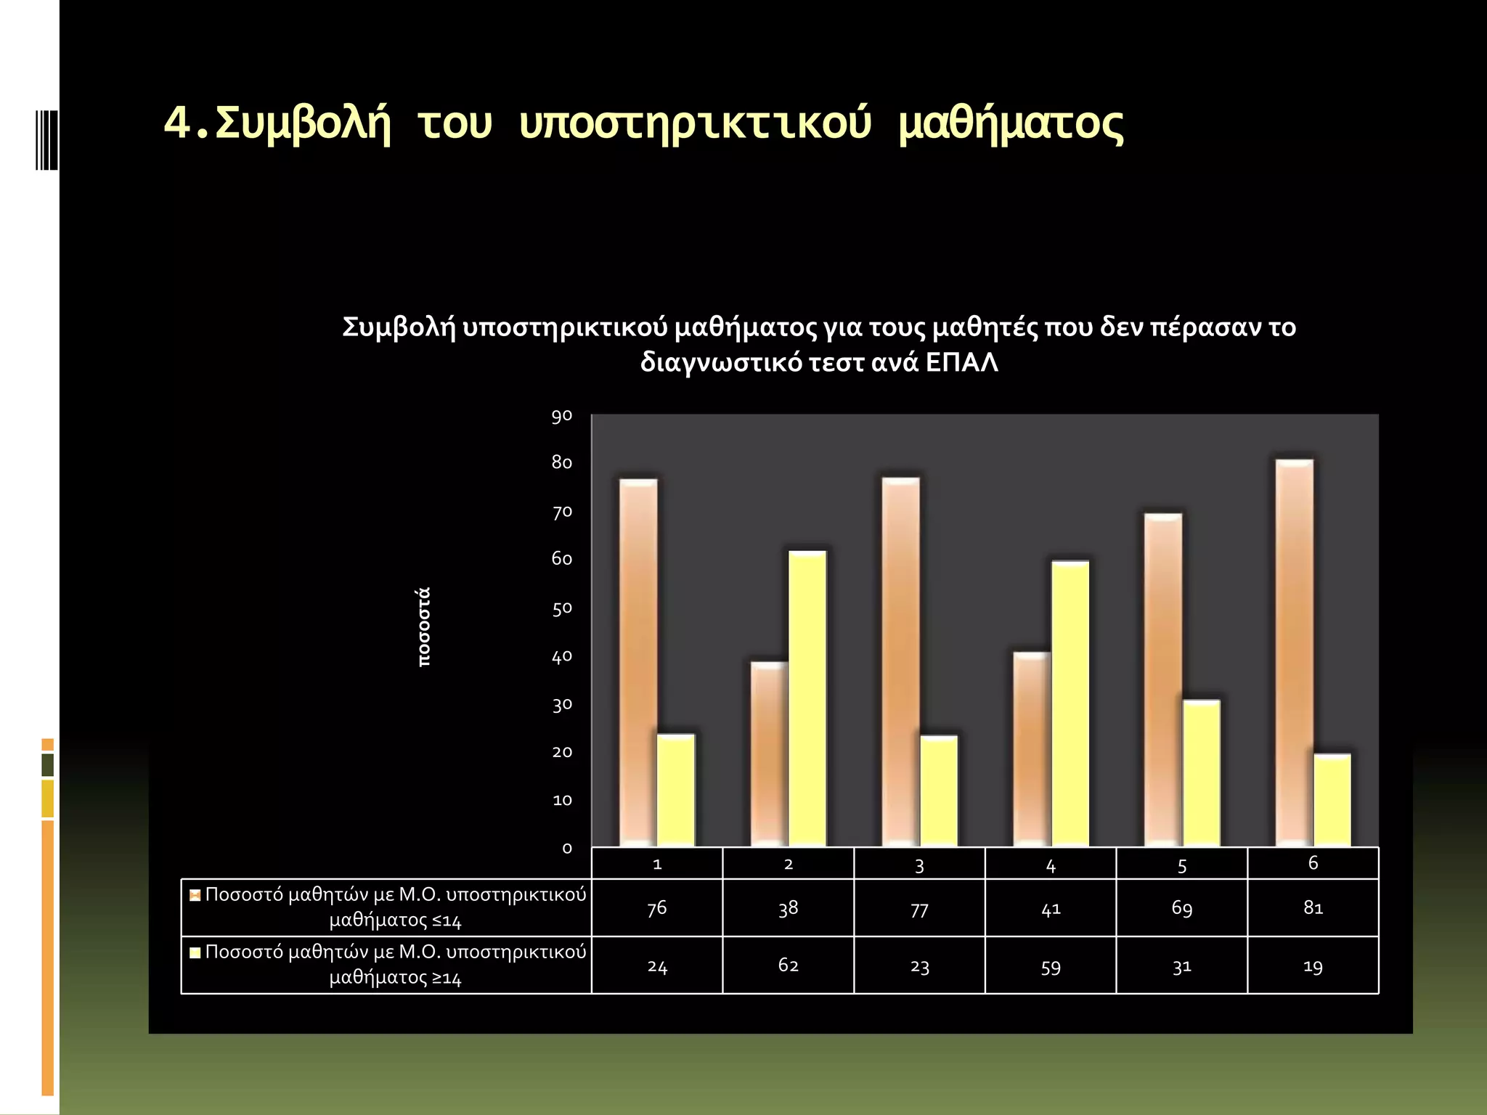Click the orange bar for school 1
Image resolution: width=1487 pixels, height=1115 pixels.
[638, 662]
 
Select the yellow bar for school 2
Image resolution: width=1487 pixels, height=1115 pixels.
[807, 698]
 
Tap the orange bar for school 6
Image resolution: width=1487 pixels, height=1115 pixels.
[1294, 653]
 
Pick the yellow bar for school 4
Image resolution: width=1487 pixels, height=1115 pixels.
[1070, 703]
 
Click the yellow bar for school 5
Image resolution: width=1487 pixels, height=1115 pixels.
[1201, 773]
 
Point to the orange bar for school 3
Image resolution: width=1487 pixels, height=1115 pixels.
[900, 662]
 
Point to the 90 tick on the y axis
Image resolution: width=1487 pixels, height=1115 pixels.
[561, 416]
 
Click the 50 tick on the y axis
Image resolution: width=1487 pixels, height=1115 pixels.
[561, 608]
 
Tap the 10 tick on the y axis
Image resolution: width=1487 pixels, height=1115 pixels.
[561, 800]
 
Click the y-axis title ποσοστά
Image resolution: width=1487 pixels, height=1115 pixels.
[424, 627]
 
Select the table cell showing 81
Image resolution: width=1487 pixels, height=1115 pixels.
[1313, 907]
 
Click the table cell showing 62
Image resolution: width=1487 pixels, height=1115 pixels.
[788, 965]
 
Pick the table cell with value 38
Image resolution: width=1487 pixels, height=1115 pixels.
[788, 907]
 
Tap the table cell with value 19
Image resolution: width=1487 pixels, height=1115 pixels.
[1313, 966]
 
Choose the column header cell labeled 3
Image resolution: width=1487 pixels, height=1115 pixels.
[919, 865]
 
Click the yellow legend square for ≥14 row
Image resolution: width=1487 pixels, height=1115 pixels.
[195, 952]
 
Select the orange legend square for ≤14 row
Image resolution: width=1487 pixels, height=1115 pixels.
[195, 895]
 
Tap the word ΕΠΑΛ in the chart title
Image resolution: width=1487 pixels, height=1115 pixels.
[961, 362]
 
